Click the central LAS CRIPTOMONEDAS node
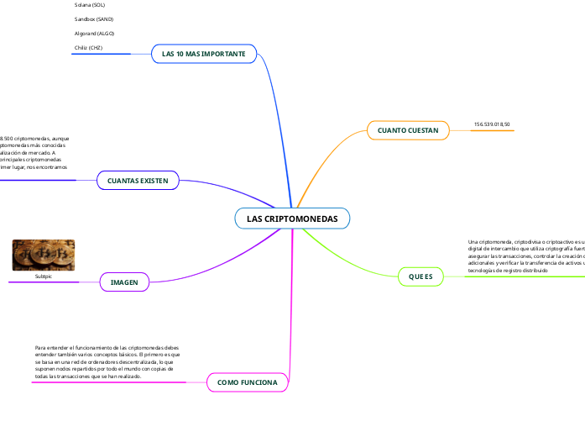pyautogui.click(x=292, y=218)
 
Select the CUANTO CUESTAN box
pyautogui.click(x=408, y=130)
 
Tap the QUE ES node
pyautogui.click(x=420, y=276)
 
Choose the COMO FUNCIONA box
pyautogui.click(x=247, y=382)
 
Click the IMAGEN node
pyautogui.click(x=124, y=282)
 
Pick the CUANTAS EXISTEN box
pyautogui.click(x=138, y=181)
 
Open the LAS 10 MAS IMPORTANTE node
pyautogui.click(x=203, y=54)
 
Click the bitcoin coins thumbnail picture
pyautogui.click(x=43, y=255)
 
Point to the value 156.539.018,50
pyautogui.click(x=492, y=124)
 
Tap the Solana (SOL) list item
pyautogui.click(x=90, y=4)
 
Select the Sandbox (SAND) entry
pyautogui.click(x=94, y=18)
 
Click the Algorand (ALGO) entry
pyautogui.click(x=94, y=33)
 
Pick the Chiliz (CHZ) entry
pyautogui.click(x=88, y=48)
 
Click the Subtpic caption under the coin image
pyautogui.click(x=43, y=276)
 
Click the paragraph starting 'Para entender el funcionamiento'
pyautogui.click(x=107, y=362)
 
